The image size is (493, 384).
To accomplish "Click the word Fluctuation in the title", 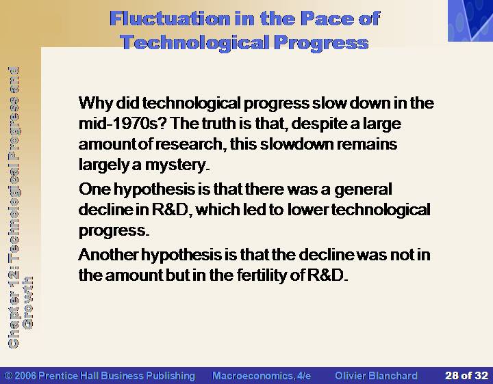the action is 170,18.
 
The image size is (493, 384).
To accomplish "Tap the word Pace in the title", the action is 326,18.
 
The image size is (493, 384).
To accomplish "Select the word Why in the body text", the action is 96,103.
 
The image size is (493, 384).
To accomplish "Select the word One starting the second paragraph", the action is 94,189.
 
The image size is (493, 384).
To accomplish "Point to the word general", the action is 363,190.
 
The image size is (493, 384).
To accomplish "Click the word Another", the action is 108,254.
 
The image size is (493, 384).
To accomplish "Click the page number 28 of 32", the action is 466,376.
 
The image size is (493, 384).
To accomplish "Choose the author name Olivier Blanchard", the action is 376,376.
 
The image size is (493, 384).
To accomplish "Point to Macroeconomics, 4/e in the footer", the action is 262,376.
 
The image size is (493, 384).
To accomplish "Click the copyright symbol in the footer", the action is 9,376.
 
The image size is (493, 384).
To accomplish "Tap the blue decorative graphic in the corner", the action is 470,20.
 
